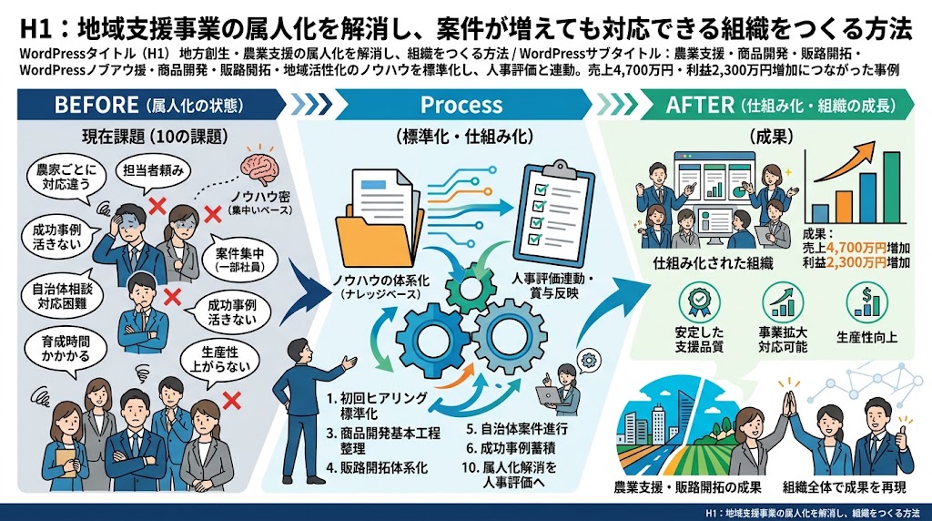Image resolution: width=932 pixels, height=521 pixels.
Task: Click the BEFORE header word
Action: [x=96, y=106]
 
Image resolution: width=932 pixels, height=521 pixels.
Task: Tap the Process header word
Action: [x=461, y=106]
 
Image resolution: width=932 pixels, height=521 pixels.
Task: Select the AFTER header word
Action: [x=700, y=106]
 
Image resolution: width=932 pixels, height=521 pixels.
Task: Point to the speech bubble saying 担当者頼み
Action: [x=153, y=171]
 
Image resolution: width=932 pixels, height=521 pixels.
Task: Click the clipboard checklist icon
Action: [x=558, y=213]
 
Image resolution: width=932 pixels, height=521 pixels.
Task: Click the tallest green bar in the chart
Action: [x=891, y=187]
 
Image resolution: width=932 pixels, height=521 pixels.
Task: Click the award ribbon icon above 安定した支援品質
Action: [x=699, y=301]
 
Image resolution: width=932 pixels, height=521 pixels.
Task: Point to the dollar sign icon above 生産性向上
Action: [x=866, y=301]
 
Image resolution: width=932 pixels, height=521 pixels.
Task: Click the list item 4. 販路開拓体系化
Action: [x=377, y=467]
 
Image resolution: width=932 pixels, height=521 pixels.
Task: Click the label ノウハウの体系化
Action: [x=380, y=281]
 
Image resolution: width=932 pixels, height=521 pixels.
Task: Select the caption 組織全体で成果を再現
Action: [x=844, y=487]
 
